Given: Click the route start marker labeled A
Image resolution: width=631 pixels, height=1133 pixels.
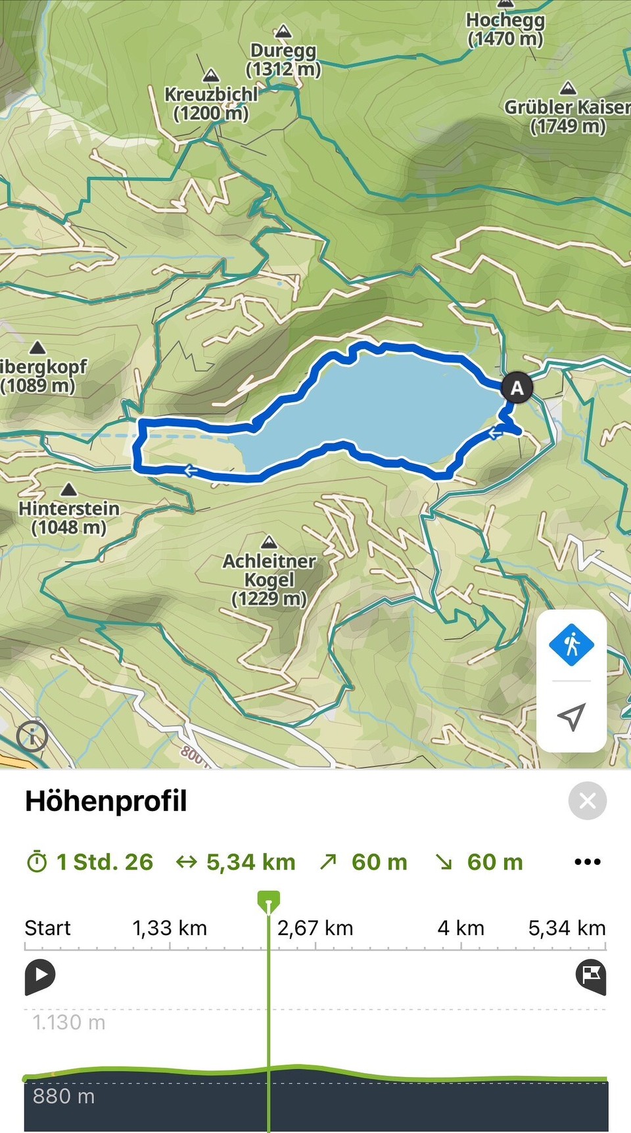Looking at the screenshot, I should [x=517, y=388].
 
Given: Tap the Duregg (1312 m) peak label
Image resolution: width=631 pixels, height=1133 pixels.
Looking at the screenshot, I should [x=283, y=60].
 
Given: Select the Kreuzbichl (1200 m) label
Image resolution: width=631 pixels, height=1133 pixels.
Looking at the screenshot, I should [x=211, y=104].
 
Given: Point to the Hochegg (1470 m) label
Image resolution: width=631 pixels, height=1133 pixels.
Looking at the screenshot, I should [x=505, y=30].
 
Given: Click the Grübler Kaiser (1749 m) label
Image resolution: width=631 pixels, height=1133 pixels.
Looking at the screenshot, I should [x=567, y=116].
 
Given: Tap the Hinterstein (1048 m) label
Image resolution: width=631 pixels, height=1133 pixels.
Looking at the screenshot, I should [x=69, y=517].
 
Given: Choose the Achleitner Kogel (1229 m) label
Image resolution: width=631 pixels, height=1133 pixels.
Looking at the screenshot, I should [x=269, y=579].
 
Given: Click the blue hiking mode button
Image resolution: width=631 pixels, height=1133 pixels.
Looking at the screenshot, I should [x=571, y=645].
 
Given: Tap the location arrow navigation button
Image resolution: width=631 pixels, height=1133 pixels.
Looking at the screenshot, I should [x=571, y=717].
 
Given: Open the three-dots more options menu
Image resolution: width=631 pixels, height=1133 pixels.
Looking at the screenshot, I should [x=587, y=862].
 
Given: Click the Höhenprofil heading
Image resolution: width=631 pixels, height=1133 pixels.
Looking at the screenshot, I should [x=106, y=801].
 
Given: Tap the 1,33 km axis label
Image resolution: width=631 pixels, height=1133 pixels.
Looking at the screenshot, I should [x=170, y=928].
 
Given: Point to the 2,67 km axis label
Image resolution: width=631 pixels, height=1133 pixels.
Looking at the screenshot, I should [x=315, y=928].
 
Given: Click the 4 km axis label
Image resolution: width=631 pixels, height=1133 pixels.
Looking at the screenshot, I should [x=461, y=928].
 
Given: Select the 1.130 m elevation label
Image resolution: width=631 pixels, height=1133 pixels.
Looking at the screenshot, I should [x=69, y=1023].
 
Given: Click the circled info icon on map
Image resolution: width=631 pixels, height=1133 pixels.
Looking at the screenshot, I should [x=32, y=735].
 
